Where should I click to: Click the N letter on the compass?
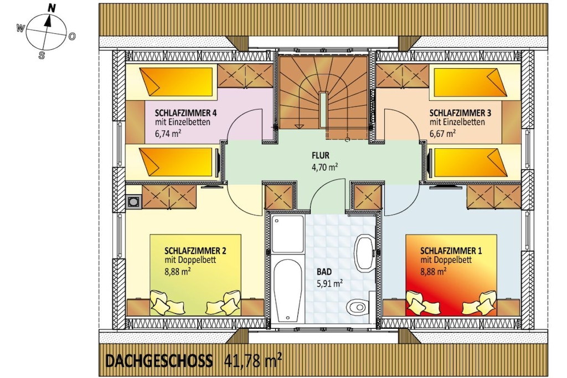[51, 8]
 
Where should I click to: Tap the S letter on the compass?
[42, 55]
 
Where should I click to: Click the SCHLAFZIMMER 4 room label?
[186, 113]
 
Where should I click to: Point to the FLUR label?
[321, 156]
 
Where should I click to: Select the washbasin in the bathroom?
[365, 253]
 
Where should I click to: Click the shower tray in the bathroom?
[287, 234]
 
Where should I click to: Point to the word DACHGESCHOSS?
[159, 361]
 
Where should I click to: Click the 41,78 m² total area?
[252, 360]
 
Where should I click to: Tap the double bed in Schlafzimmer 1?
[451, 275]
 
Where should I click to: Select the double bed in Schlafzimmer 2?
[195, 275]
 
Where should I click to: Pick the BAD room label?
[324, 271]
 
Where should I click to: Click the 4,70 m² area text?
[325, 167]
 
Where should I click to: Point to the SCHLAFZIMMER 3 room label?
[460, 113]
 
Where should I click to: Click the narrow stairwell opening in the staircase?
[323, 110]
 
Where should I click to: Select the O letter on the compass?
[71, 36]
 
